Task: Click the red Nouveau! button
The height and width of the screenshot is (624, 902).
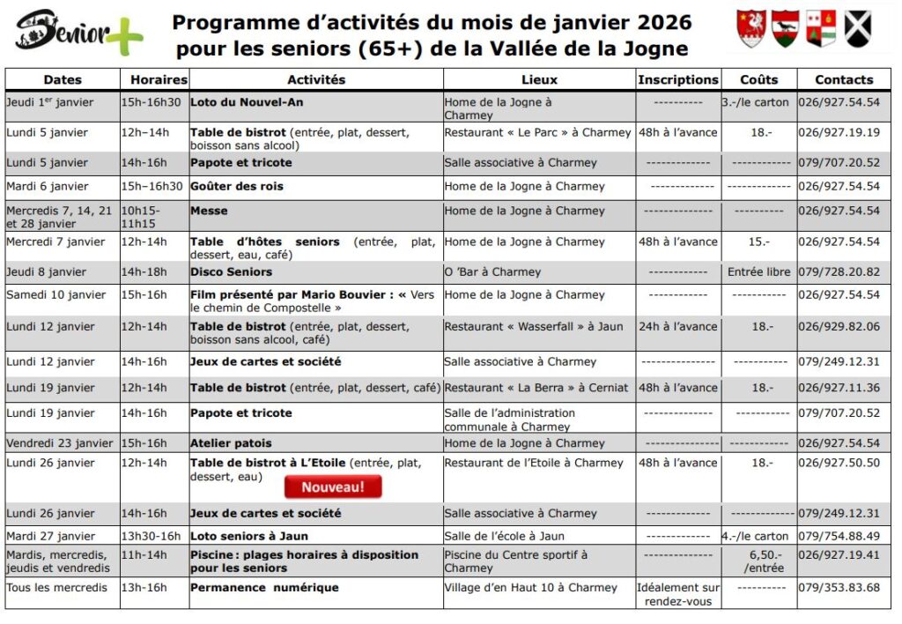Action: click(x=333, y=487)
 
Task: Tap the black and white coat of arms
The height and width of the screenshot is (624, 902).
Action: click(x=858, y=29)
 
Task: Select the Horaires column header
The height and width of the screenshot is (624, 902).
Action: click(x=153, y=79)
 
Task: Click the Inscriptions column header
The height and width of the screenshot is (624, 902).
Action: click(x=677, y=79)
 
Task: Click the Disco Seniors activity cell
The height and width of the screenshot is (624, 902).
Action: click(x=232, y=272)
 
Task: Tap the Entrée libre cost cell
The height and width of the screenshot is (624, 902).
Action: click(x=758, y=272)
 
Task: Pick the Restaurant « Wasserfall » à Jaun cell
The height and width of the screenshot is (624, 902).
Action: click(x=533, y=326)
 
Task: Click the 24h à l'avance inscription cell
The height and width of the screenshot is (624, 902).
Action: click(x=677, y=326)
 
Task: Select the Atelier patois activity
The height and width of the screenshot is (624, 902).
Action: click(x=231, y=443)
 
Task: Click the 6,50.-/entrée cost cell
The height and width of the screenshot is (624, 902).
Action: click(x=758, y=561)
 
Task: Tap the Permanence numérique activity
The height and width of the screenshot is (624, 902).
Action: click(x=264, y=588)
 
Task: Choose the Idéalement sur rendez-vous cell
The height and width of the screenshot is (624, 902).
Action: click(x=677, y=594)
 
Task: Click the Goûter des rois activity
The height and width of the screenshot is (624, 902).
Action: click(x=237, y=187)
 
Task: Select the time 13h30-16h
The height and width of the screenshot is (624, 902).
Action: click(x=151, y=536)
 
